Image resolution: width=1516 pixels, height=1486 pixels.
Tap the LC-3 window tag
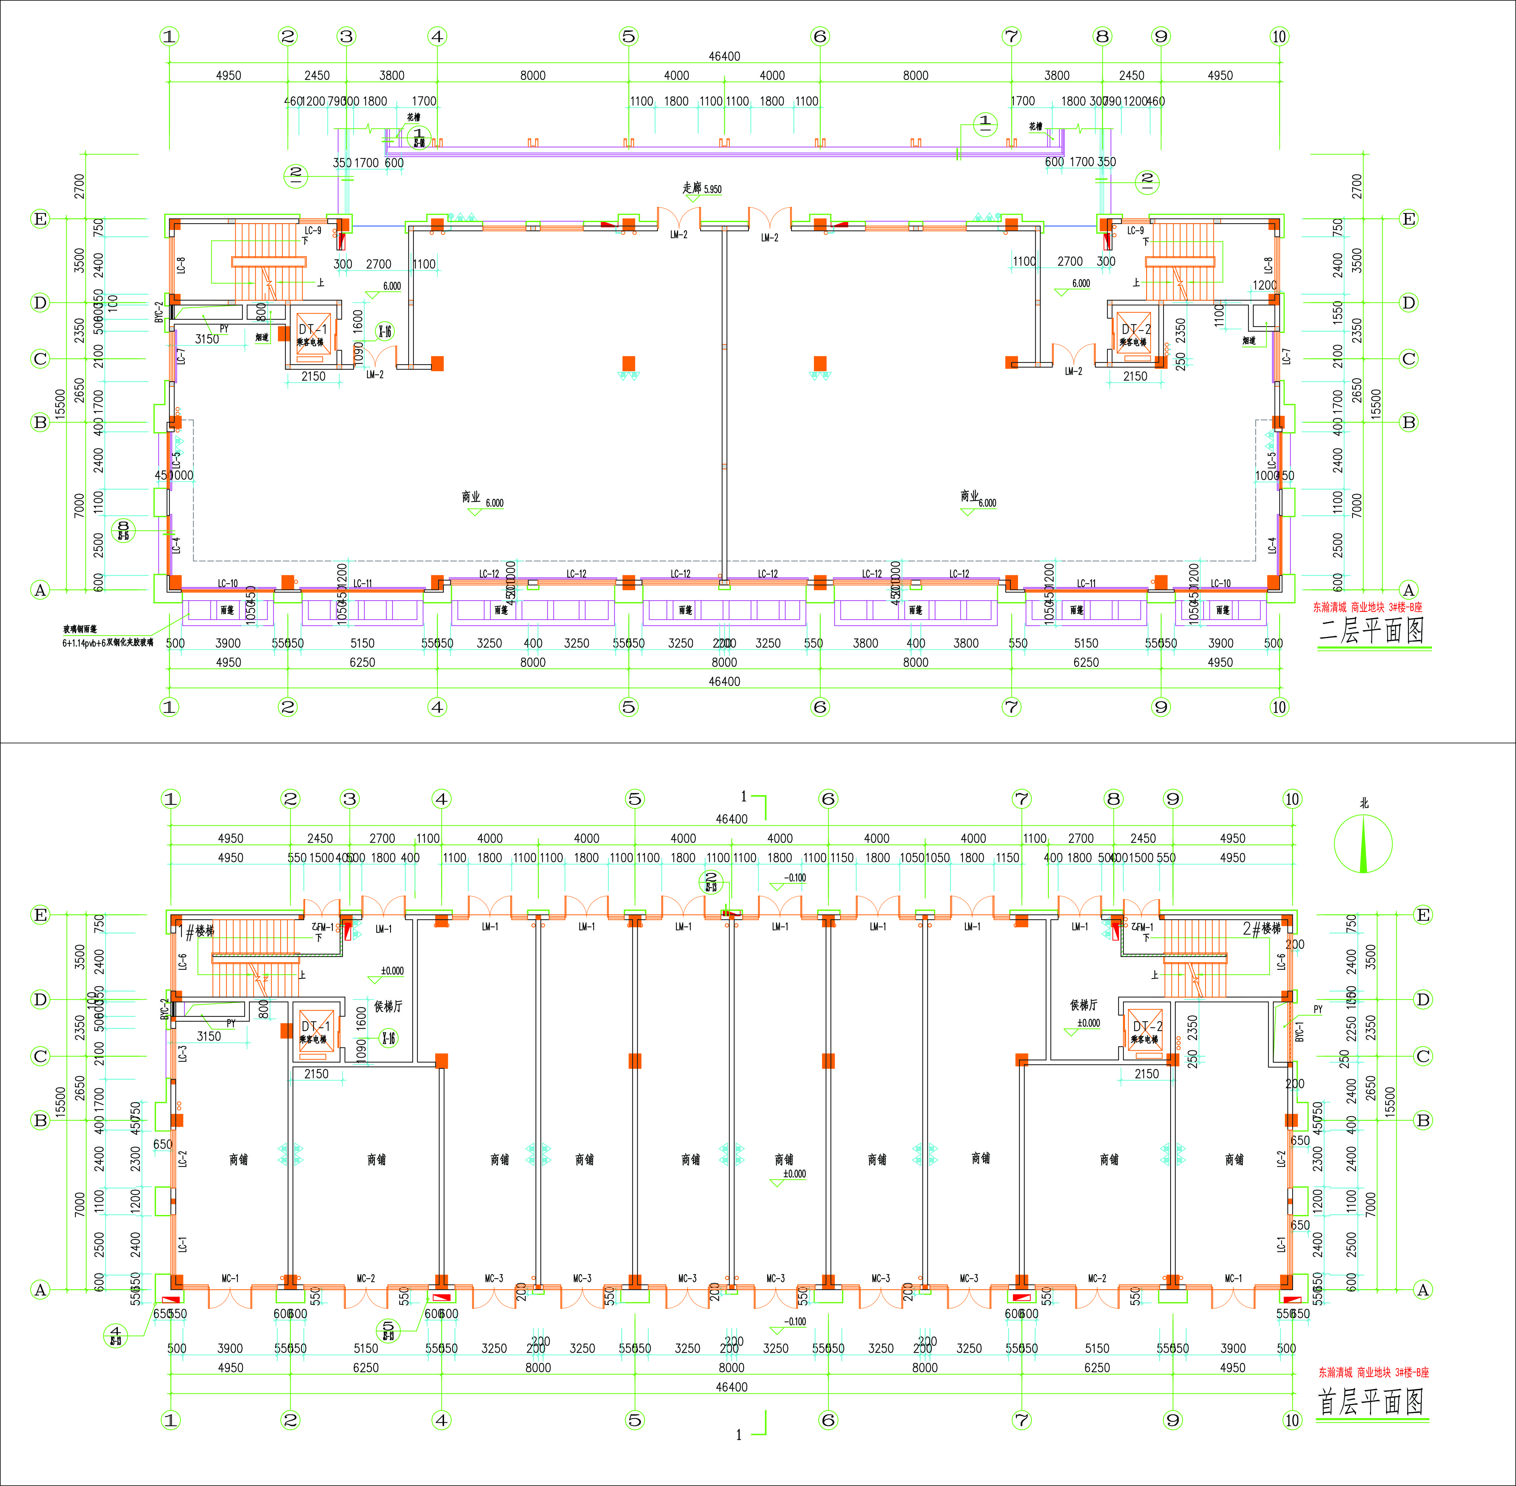coord(183,1054)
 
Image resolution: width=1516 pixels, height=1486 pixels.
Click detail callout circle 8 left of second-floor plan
coord(123,531)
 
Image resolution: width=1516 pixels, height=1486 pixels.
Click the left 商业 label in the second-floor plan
coord(471,496)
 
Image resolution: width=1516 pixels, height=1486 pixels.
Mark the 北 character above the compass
coord(1364,803)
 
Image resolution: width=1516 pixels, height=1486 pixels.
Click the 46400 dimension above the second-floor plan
coord(724,56)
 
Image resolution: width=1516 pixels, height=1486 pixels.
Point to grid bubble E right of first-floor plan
coord(1423,915)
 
